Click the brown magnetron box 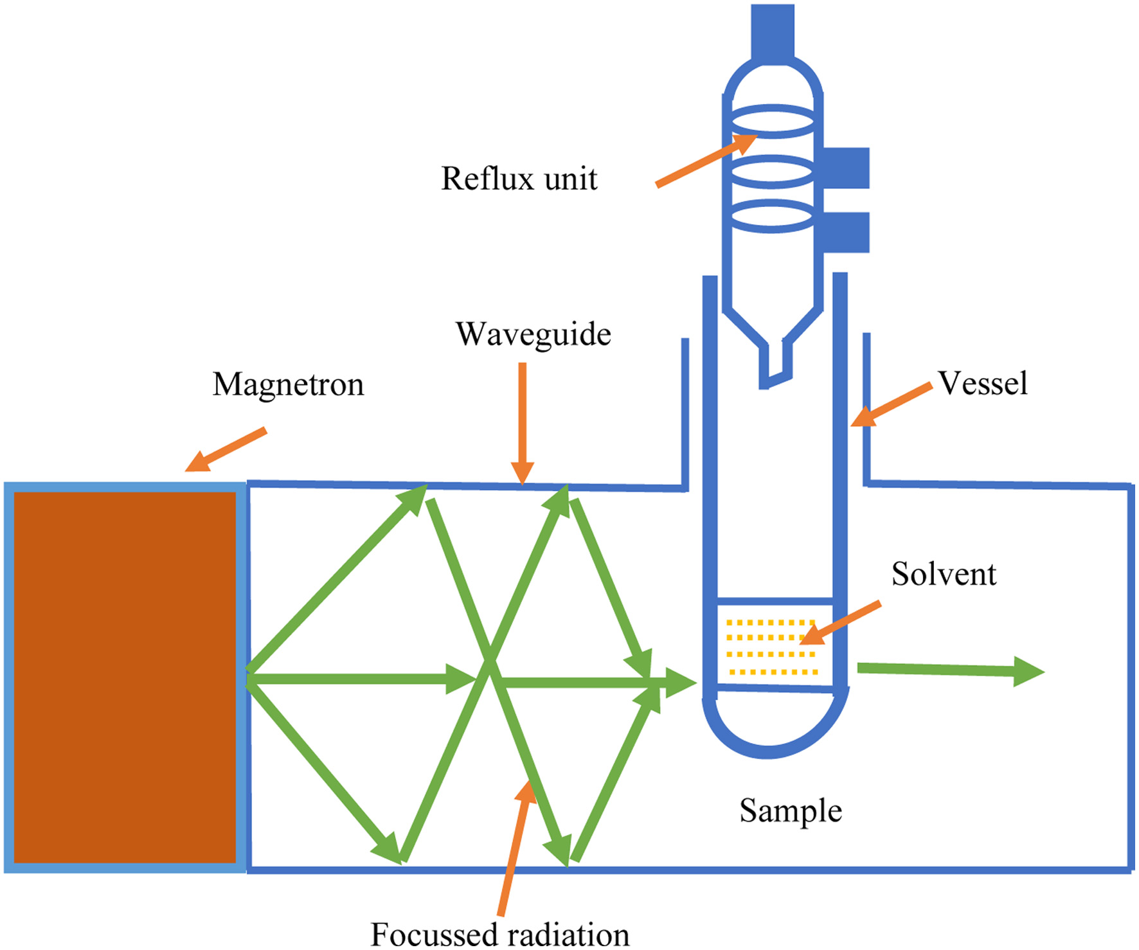125,677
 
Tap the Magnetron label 288,384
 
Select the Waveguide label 534,334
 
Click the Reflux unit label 519,178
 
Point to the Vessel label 983,383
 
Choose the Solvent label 944,573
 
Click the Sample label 791,811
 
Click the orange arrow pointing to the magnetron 226,449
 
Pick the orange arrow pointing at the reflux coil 706,160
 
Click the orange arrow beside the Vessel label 892,404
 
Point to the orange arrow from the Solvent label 840,623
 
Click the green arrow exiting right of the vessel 951,670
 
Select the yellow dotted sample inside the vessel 772,647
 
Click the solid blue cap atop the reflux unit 773,32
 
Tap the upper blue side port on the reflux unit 846,168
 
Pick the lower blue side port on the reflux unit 846,232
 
